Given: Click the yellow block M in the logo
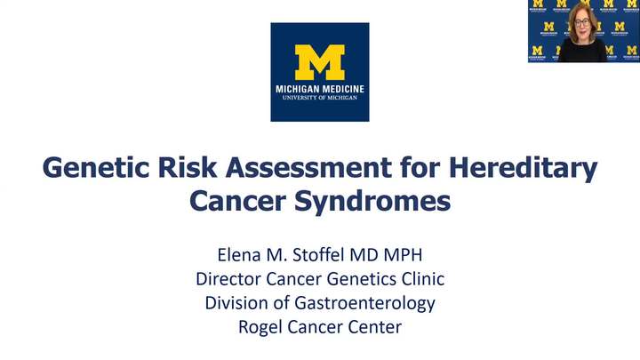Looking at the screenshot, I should tap(320, 62).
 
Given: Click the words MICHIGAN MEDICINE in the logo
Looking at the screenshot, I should tap(320, 89).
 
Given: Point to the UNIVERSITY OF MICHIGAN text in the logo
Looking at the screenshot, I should tap(320, 98).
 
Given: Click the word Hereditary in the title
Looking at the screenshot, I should tap(536, 168).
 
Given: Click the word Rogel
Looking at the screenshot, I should tap(260, 327).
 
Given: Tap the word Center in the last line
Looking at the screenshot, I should tap(375, 327).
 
